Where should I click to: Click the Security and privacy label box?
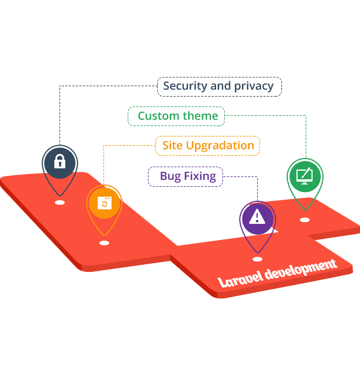tap(219, 86)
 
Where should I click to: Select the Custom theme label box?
tap(177, 116)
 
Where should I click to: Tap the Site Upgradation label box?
tap(207, 145)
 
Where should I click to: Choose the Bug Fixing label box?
tap(185, 176)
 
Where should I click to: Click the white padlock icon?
tap(59, 161)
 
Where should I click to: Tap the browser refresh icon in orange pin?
tap(104, 203)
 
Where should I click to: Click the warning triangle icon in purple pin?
tap(257, 216)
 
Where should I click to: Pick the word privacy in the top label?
tap(254, 86)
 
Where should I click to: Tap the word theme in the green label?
tap(201, 116)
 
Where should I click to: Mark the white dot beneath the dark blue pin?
tap(59, 202)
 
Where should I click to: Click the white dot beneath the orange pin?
tap(104, 243)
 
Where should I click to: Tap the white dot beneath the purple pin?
tap(257, 259)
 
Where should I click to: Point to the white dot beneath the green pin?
tap(305, 219)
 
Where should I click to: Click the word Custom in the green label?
tap(158, 116)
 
